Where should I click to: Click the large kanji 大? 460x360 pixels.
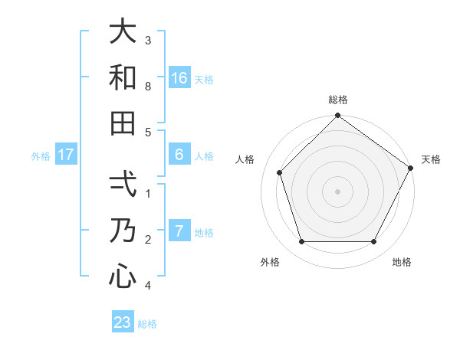(x=123, y=33)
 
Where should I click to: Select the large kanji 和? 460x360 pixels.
(x=123, y=77)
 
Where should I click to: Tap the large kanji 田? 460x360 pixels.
(x=123, y=123)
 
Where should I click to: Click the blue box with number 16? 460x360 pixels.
(x=179, y=78)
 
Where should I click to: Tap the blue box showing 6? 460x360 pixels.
(x=179, y=155)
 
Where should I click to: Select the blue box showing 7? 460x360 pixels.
(x=179, y=231)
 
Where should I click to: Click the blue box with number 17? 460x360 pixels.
(x=66, y=155)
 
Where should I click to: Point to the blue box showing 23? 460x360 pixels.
(x=123, y=322)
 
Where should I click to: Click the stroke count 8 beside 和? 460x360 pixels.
(x=148, y=87)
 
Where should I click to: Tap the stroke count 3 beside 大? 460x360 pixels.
(x=148, y=40)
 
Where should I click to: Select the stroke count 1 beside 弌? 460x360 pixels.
(x=148, y=194)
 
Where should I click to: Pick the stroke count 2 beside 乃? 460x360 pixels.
(x=148, y=240)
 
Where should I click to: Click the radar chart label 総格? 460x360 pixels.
(x=338, y=100)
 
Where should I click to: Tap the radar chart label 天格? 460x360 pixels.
(x=431, y=159)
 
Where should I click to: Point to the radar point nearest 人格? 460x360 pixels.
(x=280, y=172)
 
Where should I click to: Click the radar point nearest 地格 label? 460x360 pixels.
(x=374, y=242)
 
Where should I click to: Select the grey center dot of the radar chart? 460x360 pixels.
(x=338, y=191)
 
